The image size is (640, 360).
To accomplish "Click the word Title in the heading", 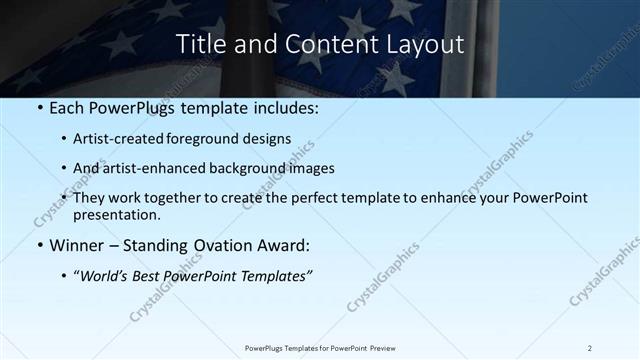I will click(198, 44).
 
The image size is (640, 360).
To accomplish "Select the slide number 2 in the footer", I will click(589, 348).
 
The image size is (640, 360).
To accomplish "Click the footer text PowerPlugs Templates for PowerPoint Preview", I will click(320, 348).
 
